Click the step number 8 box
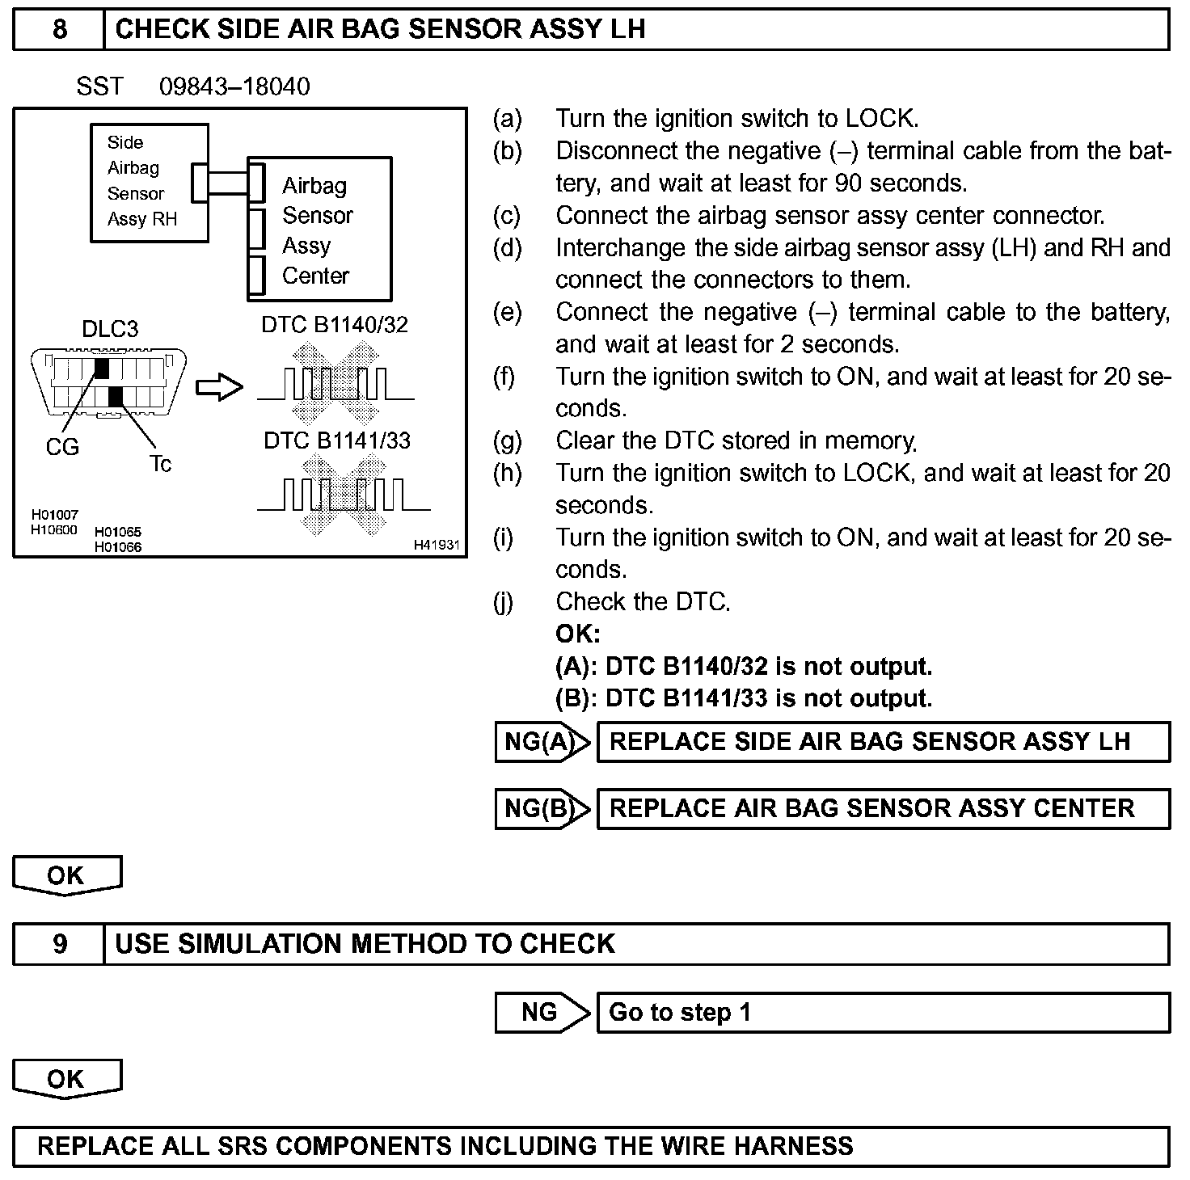(59, 30)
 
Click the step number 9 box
(59, 944)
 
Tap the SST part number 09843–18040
(234, 86)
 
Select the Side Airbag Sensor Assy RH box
(149, 182)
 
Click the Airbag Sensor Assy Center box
(319, 230)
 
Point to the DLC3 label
(110, 329)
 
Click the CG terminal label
(62, 447)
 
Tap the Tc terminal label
(160, 464)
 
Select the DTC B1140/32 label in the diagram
(335, 325)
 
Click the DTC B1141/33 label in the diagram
(337, 440)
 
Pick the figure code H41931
(437, 546)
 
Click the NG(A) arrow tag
(542, 742)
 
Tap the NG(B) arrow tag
(542, 809)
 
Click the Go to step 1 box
(883, 1012)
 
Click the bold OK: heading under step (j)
(577, 634)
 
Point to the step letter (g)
(507, 440)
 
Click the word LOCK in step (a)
(880, 119)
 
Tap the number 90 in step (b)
(848, 183)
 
